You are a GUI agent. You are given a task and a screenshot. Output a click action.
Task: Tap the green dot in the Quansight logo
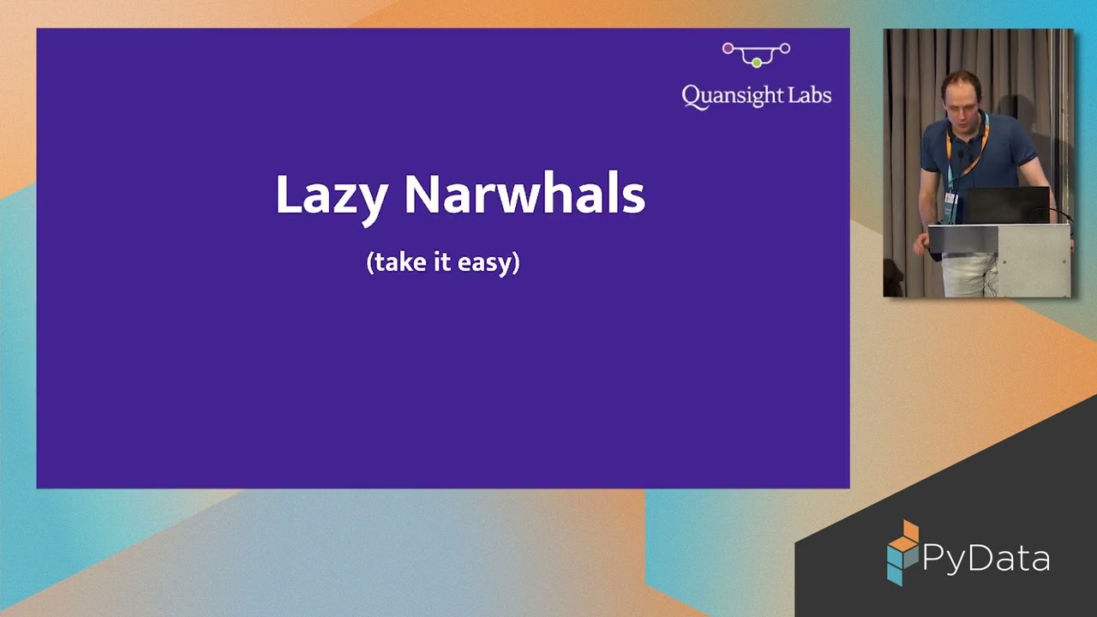(x=756, y=63)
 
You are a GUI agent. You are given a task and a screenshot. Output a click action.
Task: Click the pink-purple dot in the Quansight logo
(x=728, y=49)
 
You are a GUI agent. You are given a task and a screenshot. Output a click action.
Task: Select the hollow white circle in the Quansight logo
(x=784, y=49)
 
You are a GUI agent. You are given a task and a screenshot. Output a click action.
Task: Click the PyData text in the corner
(x=986, y=559)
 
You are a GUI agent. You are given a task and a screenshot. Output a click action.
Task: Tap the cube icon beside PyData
(x=902, y=554)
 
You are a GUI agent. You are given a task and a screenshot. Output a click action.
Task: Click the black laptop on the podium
(x=1007, y=205)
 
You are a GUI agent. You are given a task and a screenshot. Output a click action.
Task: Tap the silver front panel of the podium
(x=1033, y=261)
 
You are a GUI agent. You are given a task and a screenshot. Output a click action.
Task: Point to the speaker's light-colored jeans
(x=964, y=274)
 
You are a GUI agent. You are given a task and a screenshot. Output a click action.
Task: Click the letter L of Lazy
(x=285, y=195)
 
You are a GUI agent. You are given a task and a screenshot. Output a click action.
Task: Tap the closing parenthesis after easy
(x=516, y=262)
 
